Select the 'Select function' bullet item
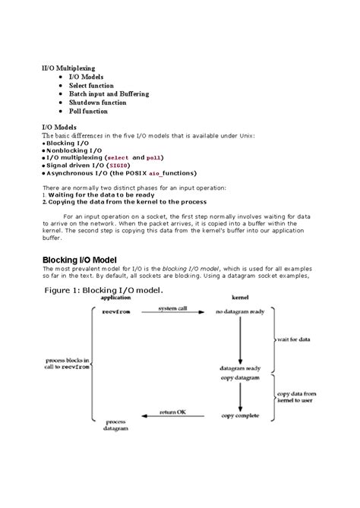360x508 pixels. click(x=91, y=86)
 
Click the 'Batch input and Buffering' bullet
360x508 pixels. click(x=109, y=94)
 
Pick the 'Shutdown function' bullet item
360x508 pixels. click(x=97, y=103)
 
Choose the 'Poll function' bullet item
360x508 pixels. click(x=88, y=111)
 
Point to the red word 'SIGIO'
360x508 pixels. click(x=118, y=165)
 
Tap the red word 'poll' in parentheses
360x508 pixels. click(x=153, y=157)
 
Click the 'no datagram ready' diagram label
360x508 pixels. click(x=240, y=312)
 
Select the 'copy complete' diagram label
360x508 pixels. click(x=239, y=415)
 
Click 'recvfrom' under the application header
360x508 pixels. click(x=115, y=312)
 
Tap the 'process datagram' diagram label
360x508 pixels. click(x=115, y=424)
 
